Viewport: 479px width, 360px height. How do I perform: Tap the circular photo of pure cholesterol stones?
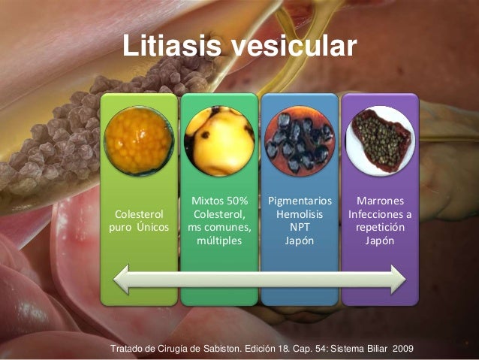click(140, 141)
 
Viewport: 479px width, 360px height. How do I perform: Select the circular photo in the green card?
click(219, 141)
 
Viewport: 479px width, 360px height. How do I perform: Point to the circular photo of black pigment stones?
click(300, 141)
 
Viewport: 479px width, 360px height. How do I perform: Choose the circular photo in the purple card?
click(380, 141)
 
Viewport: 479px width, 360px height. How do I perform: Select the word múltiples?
click(219, 242)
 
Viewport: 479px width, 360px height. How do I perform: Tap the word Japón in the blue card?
click(300, 242)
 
